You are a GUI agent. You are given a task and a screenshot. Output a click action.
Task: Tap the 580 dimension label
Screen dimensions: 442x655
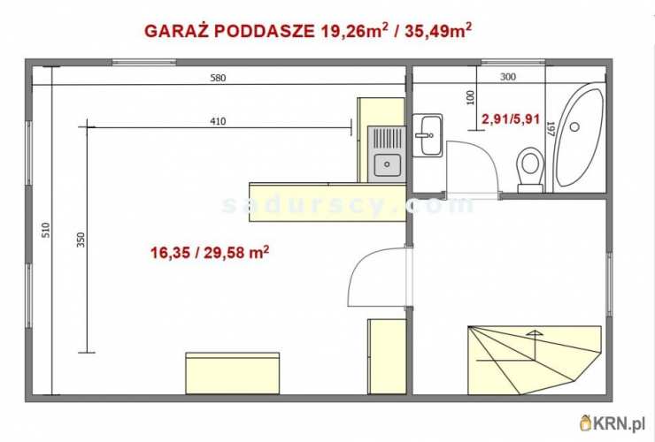pyautogui.click(x=218, y=78)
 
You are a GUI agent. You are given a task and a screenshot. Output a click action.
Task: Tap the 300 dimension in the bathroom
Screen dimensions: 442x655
pyautogui.click(x=507, y=77)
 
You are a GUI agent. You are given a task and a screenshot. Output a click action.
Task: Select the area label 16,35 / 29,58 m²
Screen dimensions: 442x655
pyautogui.click(x=210, y=253)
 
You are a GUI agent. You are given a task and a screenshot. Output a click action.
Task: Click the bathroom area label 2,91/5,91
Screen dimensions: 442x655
pyautogui.click(x=510, y=118)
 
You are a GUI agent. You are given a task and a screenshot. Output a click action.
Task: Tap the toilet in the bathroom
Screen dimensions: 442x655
pyautogui.click(x=531, y=165)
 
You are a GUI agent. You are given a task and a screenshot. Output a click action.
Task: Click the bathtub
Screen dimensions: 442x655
pyautogui.click(x=579, y=138)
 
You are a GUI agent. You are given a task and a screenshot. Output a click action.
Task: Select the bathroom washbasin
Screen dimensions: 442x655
pyautogui.click(x=430, y=135)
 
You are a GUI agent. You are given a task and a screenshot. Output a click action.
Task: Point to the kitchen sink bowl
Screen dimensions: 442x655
pyautogui.click(x=387, y=164)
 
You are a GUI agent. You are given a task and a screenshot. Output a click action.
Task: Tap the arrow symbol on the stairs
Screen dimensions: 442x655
pyautogui.click(x=534, y=333)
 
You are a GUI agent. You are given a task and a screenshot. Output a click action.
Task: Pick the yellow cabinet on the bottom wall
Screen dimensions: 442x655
pyautogui.click(x=232, y=372)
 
